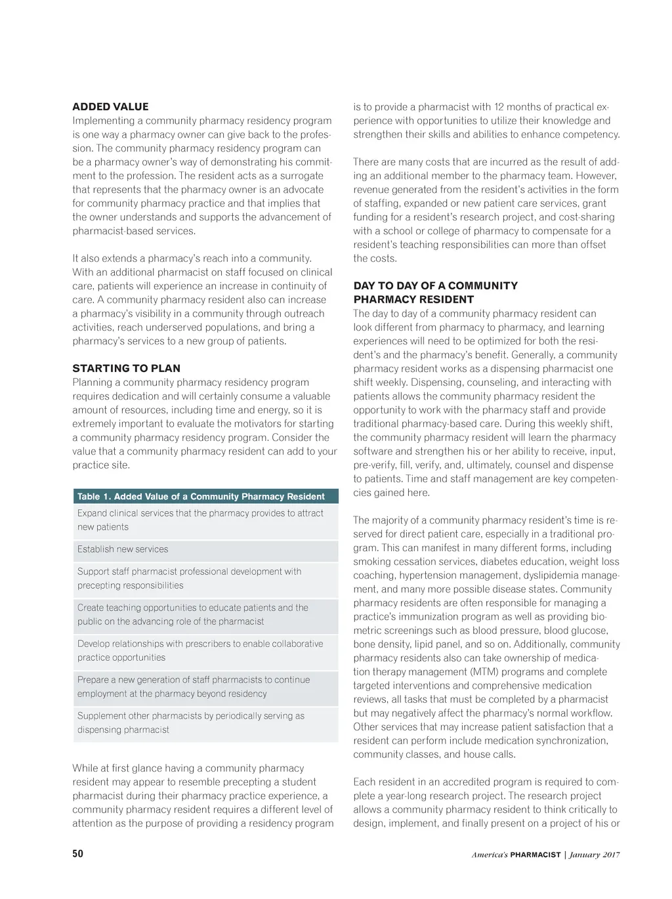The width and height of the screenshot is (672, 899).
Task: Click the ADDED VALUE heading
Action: click(110, 106)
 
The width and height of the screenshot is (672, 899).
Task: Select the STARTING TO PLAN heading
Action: click(126, 368)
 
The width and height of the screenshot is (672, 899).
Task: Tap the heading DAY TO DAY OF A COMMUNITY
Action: click(435, 285)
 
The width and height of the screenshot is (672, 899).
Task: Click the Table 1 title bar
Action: click(205, 496)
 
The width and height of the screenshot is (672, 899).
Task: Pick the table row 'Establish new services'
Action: click(205, 549)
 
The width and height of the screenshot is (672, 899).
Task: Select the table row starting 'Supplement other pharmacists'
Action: click(205, 722)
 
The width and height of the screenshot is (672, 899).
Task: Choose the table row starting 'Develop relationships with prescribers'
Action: click(205, 650)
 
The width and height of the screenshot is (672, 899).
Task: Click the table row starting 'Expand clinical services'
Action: click(205, 520)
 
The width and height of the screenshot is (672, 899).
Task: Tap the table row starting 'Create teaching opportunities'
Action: click(205, 614)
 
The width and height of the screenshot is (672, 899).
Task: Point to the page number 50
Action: click(78, 854)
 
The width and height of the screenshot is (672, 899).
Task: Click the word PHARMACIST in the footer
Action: click(535, 855)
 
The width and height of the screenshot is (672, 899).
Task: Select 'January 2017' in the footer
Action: click(595, 855)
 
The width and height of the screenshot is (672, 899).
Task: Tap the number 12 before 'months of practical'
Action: click(499, 107)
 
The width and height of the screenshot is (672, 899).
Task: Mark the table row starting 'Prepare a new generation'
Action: click(205, 686)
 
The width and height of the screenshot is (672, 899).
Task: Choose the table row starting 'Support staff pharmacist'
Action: click(205, 578)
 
